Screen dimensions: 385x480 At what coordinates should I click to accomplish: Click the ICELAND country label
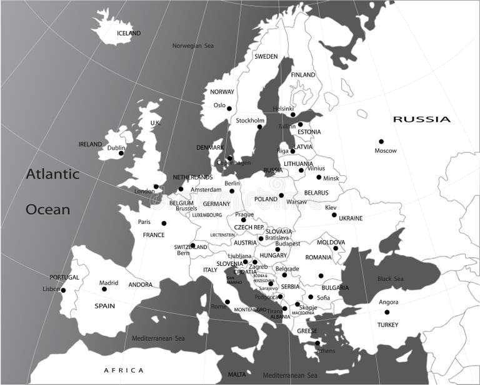pyautogui.click(x=129, y=33)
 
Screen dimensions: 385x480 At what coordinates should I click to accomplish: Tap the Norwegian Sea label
pyautogui.click(x=193, y=46)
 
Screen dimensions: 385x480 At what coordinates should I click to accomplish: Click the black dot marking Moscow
pyautogui.click(x=381, y=142)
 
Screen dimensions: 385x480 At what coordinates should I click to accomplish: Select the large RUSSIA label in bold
pyautogui.click(x=421, y=119)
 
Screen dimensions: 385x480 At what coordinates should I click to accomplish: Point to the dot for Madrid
pyautogui.click(x=104, y=289)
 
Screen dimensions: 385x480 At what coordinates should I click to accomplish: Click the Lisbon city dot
pyautogui.click(x=63, y=290)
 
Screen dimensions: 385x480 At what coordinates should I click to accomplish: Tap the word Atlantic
pyautogui.click(x=52, y=174)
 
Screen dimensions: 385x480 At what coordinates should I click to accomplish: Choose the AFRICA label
pyautogui.click(x=123, y=370)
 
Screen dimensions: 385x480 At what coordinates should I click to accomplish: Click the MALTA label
pyautogui.click(x=237, y=374)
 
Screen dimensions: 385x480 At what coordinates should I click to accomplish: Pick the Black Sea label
pyautogui.click(x=390, y=278)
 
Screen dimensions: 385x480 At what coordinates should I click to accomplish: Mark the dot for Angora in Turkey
pyautogui.click(x=387, y=312)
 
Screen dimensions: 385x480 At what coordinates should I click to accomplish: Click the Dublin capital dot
pyautogui.click(x=121, y=153)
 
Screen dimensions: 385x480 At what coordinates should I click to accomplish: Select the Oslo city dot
pyautogui.click(x=229, y=109)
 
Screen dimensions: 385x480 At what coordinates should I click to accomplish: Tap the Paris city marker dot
pyautogui.click(x=164, y=223)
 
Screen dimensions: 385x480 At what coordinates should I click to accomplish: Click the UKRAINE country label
pyautogui.click(x=350, y=218)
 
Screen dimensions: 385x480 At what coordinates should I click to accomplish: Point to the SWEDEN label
pyautogui.click(x=266, y=56)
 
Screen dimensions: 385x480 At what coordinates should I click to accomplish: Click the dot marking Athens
pyautogui.click(x=317, y=343)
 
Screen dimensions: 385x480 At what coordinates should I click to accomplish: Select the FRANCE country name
pyautogui.click(x=154, y=235)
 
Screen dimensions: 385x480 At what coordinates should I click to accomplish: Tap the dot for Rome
pyautogui.click(x=227, y=302)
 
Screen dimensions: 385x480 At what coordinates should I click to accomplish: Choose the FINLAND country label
pyautogui.click(x=303, y=75)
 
